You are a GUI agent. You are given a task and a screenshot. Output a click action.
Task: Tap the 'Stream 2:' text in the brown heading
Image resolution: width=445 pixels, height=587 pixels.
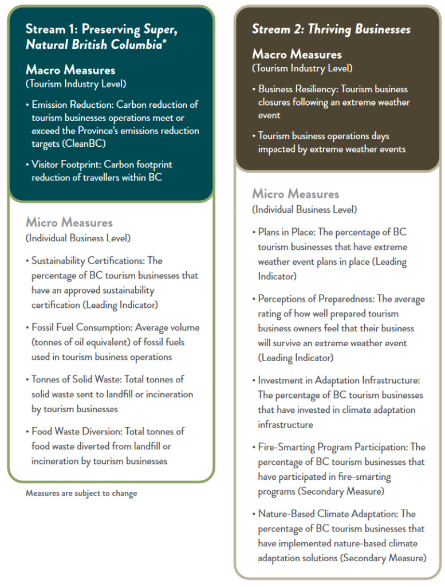point(275,29)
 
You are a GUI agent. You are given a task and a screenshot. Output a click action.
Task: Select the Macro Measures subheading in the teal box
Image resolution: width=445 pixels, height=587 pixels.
point(70,70)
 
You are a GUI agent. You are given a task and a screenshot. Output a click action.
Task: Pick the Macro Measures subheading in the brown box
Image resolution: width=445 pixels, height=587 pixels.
point(297,54)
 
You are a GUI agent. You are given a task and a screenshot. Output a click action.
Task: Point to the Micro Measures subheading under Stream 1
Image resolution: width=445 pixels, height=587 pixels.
point(69,222)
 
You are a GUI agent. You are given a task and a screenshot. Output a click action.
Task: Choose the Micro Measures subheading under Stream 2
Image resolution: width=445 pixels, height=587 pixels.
point(296,194)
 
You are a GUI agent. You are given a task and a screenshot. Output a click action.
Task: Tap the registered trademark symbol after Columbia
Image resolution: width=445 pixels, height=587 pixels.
point(165,42)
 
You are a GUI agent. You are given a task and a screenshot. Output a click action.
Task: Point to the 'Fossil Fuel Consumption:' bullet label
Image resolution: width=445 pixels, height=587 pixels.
point(81,327)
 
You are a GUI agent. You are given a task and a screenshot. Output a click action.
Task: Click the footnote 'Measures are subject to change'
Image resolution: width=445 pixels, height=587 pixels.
point(81,494)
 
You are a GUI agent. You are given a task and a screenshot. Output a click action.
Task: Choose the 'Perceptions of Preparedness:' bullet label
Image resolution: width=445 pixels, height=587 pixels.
point(317,299)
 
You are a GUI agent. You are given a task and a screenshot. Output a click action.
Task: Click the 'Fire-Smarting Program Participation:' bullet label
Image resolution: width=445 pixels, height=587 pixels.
point(331,447)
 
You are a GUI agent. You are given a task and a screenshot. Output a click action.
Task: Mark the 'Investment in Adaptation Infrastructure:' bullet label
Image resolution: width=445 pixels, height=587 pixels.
point(339,380)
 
